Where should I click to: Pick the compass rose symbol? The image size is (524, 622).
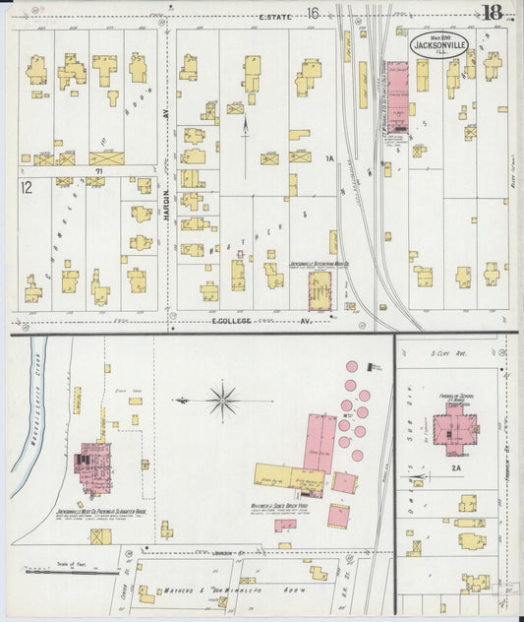click(x=222, y=401)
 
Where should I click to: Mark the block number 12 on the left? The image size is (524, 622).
click(x=27, y=184)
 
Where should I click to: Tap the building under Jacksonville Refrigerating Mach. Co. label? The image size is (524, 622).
click(x=320, y=291)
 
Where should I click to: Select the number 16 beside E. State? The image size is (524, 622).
click(x=314, y=14)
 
